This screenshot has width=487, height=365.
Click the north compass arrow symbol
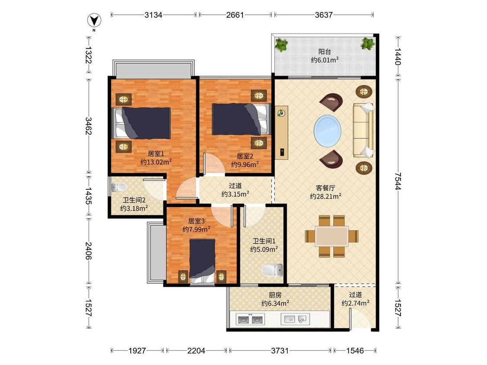point(94,21)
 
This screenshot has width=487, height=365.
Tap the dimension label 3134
point(153,15)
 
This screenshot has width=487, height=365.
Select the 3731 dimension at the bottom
point(280,351)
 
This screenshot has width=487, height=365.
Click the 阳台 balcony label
point(325,52)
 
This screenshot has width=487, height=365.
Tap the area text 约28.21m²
point(326,196)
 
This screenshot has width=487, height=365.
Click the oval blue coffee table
point(327,130)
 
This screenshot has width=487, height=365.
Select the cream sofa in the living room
point(363,130)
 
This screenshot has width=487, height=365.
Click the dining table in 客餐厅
point(332,236)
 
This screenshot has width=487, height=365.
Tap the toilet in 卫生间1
point(272,270)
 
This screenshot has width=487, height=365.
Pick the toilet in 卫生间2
point(119,187)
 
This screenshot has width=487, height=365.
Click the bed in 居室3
point(202,261)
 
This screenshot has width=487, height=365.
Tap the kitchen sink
point(295,319)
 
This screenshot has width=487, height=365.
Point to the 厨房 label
point(275,295)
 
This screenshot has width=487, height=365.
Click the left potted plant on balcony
point(281,45)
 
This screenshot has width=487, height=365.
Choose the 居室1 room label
point(156,154)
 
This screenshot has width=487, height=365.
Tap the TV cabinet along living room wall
point(281,132)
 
